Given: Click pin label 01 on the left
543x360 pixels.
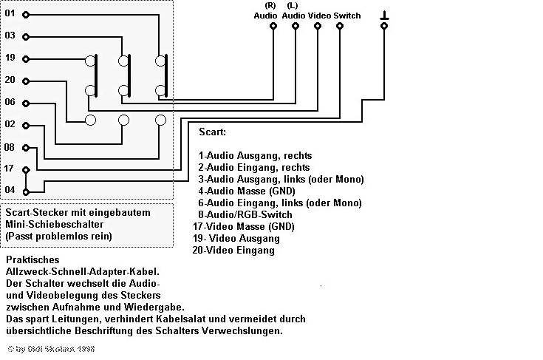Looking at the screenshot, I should click(x=10, y=13).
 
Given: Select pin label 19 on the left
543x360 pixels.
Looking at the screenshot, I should click(x=10, y=58).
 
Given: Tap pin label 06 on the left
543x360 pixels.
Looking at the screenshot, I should click(x=10, y=102).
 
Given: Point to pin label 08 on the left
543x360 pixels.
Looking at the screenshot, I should click(x=10, y=147).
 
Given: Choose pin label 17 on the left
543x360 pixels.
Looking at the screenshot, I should click(x=10, y=169).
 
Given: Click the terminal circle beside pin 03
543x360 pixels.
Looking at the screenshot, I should click(x=26, y=35).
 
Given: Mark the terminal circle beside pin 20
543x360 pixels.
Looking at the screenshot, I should click(x=26, y=80).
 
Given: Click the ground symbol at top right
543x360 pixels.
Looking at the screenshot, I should click(x=384, y=16).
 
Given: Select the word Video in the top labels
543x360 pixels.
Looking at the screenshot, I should click(x=319, y=16).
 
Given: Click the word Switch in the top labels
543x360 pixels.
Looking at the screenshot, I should click(x=347, y=16).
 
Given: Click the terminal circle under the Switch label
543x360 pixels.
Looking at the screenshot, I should click(x=340, y=26).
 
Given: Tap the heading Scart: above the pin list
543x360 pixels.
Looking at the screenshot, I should click(x=213, y=132).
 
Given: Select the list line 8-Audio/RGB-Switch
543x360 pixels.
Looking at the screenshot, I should click(x=246, y=214).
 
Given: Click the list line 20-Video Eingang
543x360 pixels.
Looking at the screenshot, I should click(x=233, y=250).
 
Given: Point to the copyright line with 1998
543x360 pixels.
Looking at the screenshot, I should click(x=52, y=347).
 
